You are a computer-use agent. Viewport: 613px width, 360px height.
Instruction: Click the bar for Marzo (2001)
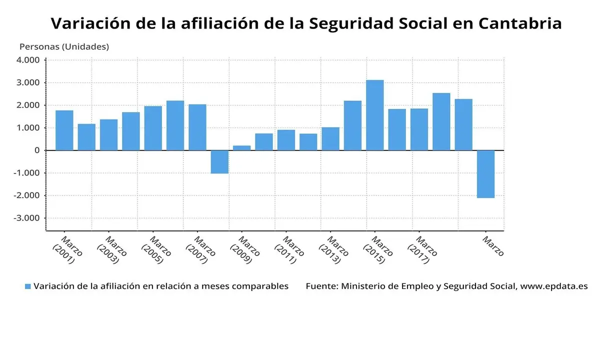coord(64,130)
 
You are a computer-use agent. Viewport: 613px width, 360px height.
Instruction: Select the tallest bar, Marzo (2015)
coord(374,115)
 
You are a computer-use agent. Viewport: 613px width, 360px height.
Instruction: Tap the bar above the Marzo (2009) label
coord(241,147)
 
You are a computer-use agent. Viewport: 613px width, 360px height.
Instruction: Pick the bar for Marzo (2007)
coord(197,127)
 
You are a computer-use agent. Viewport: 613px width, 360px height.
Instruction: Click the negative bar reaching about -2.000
coord(485,174)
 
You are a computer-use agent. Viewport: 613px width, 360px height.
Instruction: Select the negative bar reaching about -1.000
coord(219,161)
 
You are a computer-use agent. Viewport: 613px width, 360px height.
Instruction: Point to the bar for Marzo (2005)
coord(153,128)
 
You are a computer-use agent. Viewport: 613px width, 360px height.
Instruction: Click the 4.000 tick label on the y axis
coord(28,60)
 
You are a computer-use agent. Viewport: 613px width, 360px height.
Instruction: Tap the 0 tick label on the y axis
coord(37,150)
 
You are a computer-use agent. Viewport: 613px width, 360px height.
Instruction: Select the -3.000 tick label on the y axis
coord(26,218)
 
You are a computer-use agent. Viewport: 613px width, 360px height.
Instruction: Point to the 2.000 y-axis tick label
coord(28,105)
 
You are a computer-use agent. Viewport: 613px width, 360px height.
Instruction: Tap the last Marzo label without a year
coord(492,246)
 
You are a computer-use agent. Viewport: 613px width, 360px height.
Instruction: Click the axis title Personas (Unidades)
coord(64,46)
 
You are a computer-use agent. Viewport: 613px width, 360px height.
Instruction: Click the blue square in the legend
coord(28,286)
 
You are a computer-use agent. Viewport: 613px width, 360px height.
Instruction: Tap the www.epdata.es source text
coord(553,286)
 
